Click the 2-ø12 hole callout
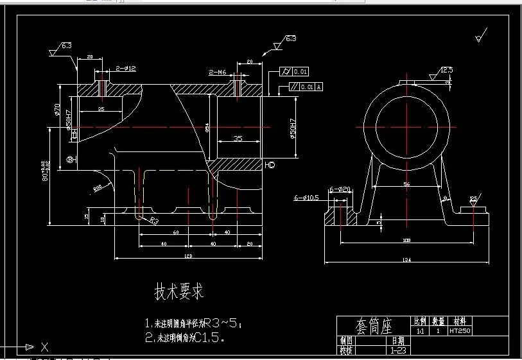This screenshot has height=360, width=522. [x=126, y=69]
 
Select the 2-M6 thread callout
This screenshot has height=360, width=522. [x=218, y=73]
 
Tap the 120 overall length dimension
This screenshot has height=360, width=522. [x=188, y=257]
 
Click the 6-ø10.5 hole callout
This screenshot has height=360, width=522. [x=306, y=198]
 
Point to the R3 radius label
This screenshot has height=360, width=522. [x=154, y=221]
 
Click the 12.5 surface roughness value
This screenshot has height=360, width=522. [x=446, y=69]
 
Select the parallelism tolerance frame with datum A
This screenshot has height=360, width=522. [x=301, y=86]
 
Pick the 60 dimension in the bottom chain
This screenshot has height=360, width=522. [x=175, y=232]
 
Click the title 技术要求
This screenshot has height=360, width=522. [x=178, y=292]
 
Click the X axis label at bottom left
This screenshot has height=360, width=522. [x=44, y=348]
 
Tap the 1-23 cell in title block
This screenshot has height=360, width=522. [x=397, y=350]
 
